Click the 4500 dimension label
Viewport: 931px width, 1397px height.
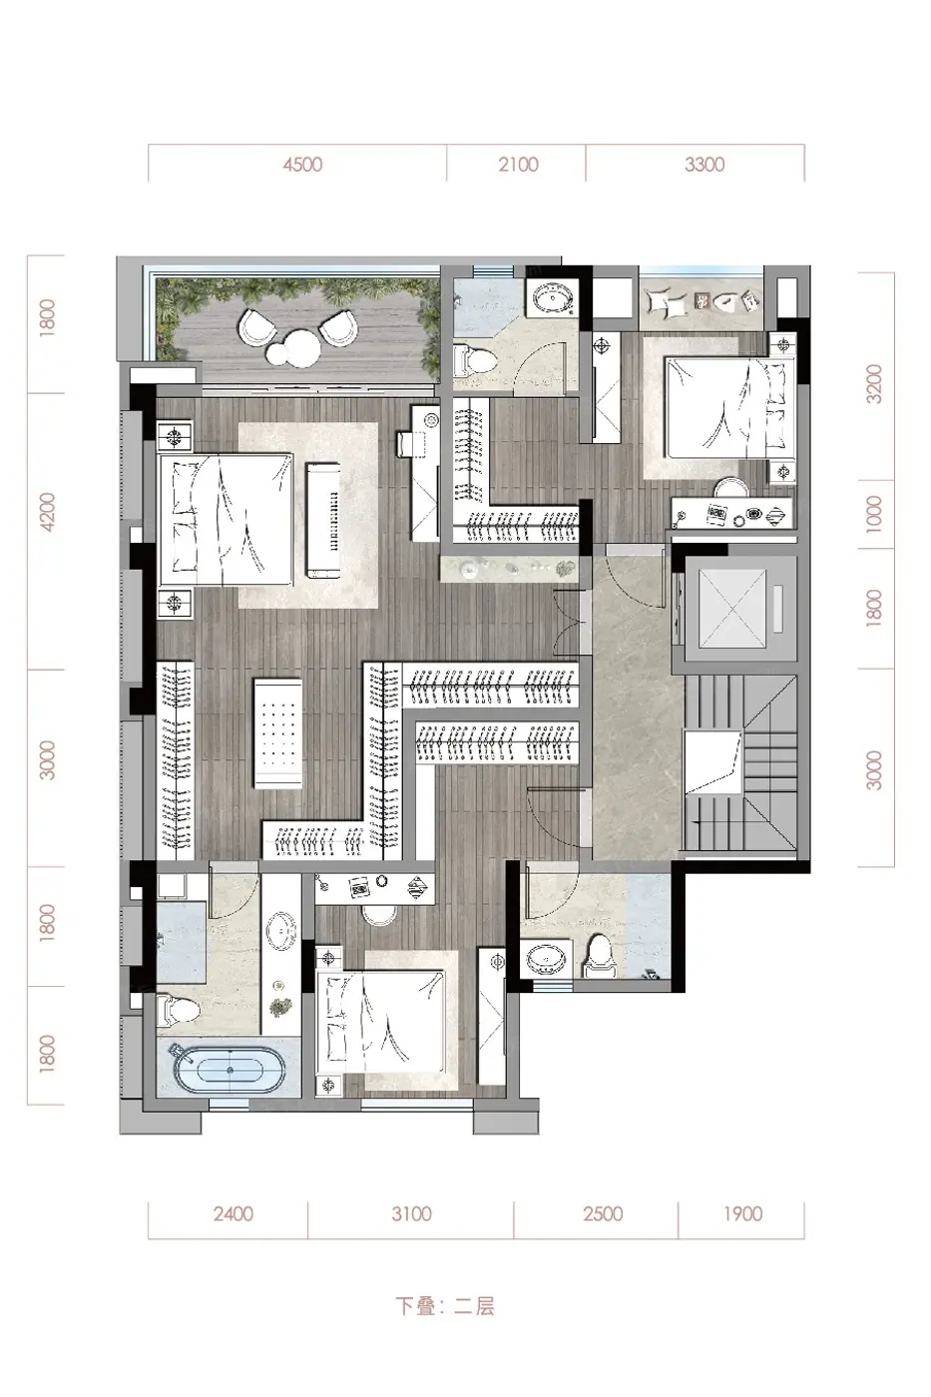tap(302, 165)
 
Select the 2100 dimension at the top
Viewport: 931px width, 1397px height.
tap(518, 165)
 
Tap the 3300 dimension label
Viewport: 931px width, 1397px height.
tap(704, 165)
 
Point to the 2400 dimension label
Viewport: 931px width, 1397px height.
tap(233, 1214)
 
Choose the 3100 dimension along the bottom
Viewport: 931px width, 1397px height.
tap(411, 1214)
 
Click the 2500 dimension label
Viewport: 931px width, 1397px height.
tap(603, 1214)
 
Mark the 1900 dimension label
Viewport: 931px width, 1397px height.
tap(743, 1214)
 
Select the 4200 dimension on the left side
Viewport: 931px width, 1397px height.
tap(47, 513)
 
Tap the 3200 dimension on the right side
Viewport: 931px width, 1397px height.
tap(875, 384)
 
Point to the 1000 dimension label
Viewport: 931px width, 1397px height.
tap(875, 515)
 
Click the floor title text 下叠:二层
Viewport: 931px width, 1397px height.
tap(445, 1306)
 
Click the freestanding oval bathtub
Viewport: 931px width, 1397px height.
tap(231, 1070)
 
